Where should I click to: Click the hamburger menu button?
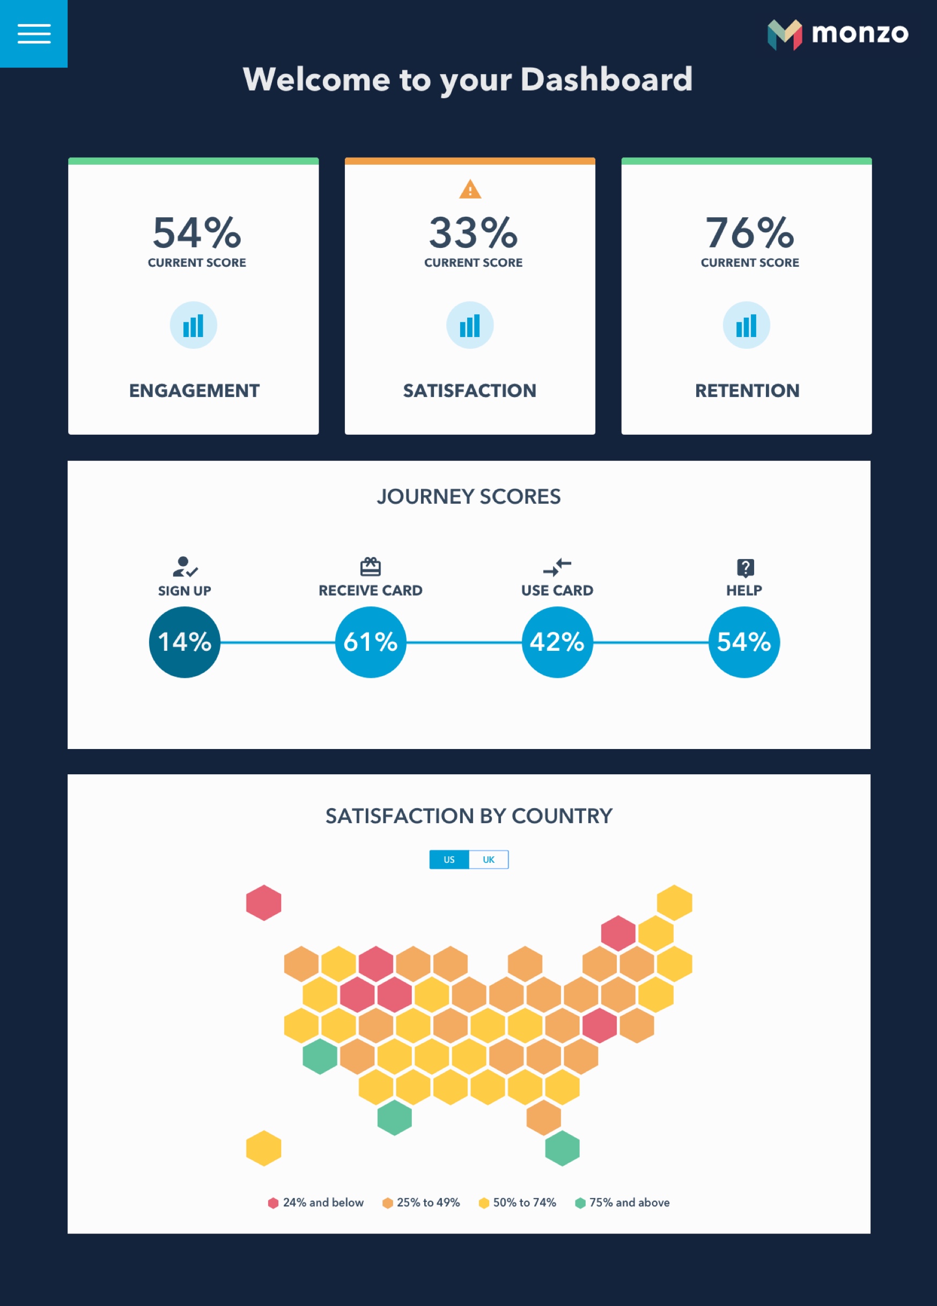(x=34, y=33)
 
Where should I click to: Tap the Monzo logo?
(x=837, y=34)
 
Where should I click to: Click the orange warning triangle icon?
(x=470, y=189)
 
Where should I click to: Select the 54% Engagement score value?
(x=196, y=233)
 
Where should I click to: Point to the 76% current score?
(x=749, y=233)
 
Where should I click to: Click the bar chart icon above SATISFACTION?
(x=470, y=325)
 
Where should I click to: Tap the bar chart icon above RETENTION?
(x=746, y=325)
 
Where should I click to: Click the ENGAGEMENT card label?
(x=194, y=391)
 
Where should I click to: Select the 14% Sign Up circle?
(x=184, y=642)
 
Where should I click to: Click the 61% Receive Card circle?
(x=371, y=642)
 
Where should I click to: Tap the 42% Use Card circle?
(x=557, y=642)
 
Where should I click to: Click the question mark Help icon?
(x=746, y=568)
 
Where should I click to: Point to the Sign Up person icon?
(x=185, y=567)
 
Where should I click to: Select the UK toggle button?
(x=489, y=860)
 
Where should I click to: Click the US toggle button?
(x=449, y=860)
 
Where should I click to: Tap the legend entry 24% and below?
(x=316, y=1202)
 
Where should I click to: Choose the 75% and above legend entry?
(x=623, y=1202)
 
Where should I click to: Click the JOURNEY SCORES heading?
(x=469, y=496)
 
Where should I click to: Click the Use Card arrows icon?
(x=557, y=567)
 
